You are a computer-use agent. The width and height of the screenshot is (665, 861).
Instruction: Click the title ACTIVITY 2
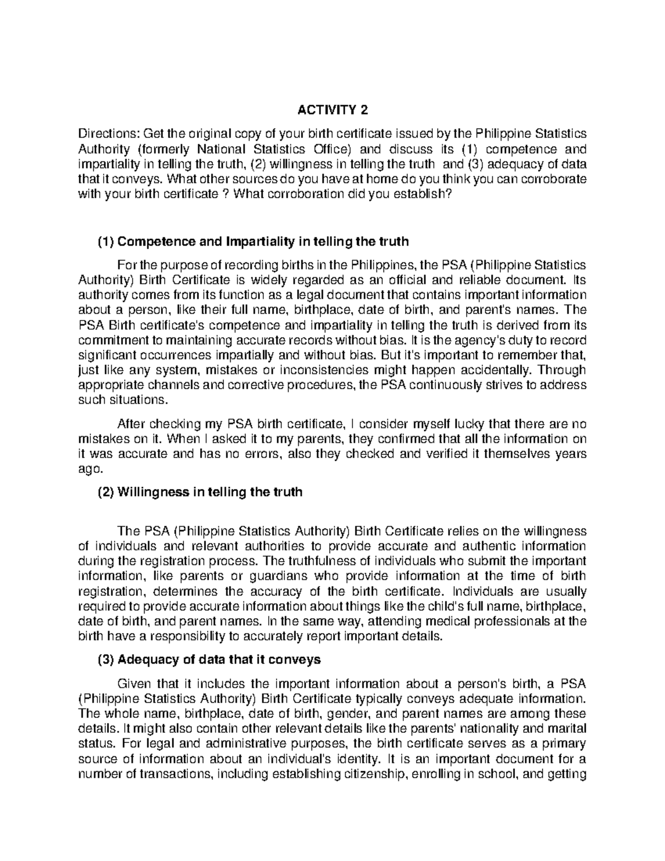click(332, 110)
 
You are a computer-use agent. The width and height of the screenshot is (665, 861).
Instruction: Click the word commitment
click(108, 339)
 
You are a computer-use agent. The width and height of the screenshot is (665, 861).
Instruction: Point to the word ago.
click(89, 470)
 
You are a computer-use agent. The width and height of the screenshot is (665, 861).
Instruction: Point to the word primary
click(563, 743)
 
